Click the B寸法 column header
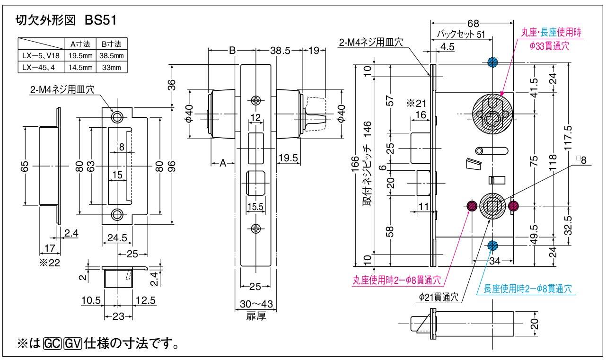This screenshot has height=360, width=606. (111, 44)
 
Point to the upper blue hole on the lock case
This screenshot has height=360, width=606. (492, 62)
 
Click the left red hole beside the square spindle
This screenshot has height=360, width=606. (472, 205)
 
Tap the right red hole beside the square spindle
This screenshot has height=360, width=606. (514, 205)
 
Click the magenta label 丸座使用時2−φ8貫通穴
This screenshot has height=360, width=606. (396, 280)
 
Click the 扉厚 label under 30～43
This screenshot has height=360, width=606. (255, 316)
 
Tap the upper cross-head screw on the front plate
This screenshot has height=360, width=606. (255, 100)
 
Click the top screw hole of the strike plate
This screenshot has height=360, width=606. (116, 116)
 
